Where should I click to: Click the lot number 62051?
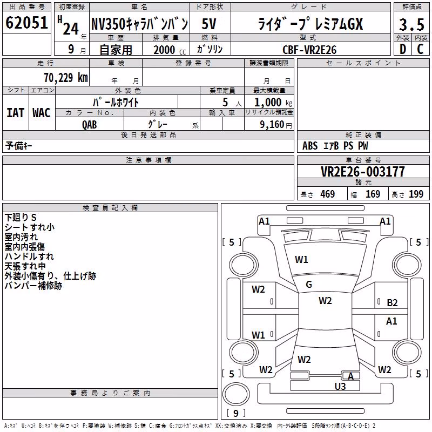(x=26, y=23)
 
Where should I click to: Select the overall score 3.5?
(x=411, y=24)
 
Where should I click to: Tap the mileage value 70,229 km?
(x=66, y=78)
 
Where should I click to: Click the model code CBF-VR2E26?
(x=309, y=50)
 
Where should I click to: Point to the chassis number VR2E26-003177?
(x=363, y=172)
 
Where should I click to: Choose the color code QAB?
(x=90, y=125)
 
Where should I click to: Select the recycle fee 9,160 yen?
(x=276, y=125)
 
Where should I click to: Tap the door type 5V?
(x=209, y=24)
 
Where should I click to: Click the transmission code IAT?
(x=16, y=113)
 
